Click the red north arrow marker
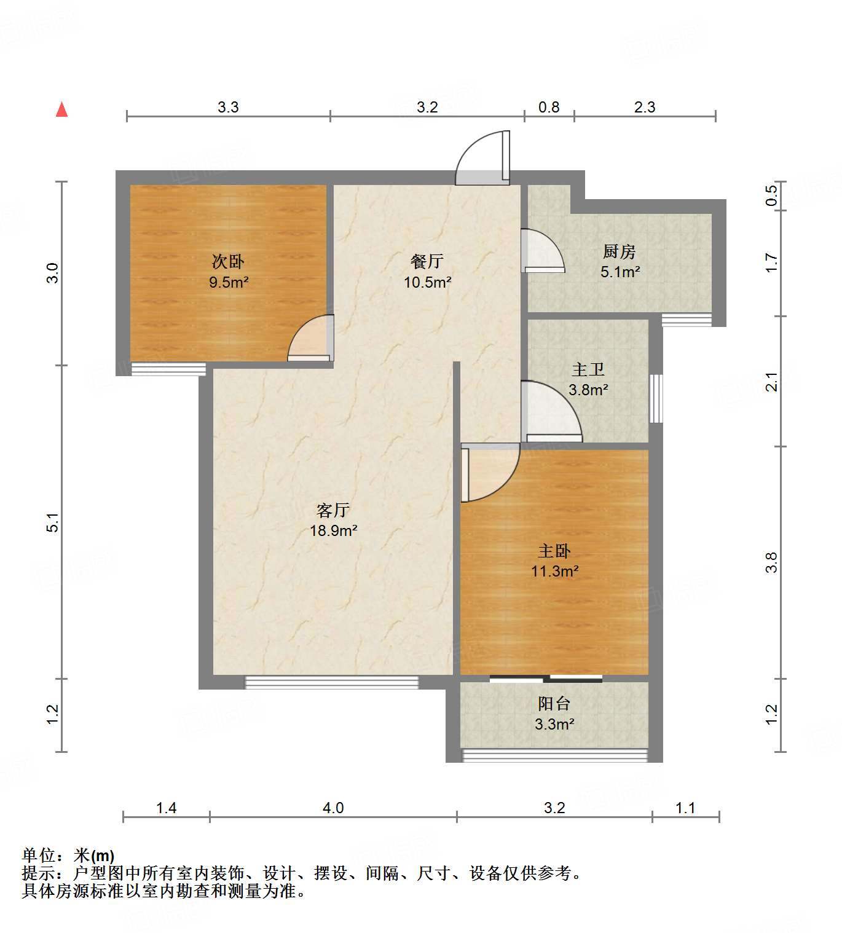click(x=61, y=109)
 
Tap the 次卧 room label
click(x=228, y=261)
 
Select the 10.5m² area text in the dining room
click(x=427, y=283)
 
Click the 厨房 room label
click(x=619, y=251)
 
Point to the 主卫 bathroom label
click(x=588, y=369)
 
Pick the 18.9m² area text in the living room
click(x=334, y=530)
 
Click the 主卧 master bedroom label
click(x=554, y=551)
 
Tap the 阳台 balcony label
click(x=554, y=703)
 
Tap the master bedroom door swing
click(x=489, y=472)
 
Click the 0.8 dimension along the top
click(x=549, y=108)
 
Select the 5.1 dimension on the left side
click(x=53, y=522)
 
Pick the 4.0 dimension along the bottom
click(x=333, y=808)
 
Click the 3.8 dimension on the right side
click(x=771, y=562)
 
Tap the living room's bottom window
click(x=332, y=682)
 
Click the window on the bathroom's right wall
click(x=656, y=398)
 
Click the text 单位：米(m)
click(x=68, y=855)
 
